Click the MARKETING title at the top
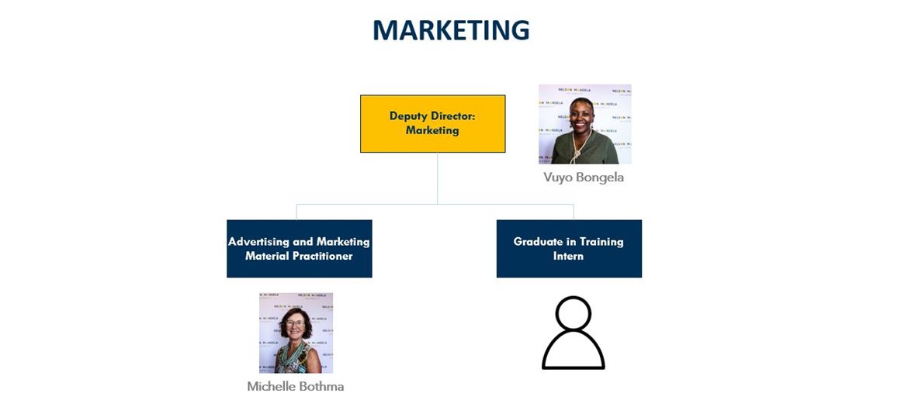tap(451, 30)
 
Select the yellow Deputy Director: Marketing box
tap(432, 124)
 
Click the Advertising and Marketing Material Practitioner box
tap(300, 249)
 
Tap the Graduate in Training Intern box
tap(569, 249)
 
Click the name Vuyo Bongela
tap(584, 178)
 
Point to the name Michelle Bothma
tap(296, 386)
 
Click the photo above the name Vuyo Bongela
tap(585, 124)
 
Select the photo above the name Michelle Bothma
tap(296, 333)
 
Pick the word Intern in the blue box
tap(569, 256)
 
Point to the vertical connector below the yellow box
tap(437, 178)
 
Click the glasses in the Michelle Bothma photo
tap(295, 323)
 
